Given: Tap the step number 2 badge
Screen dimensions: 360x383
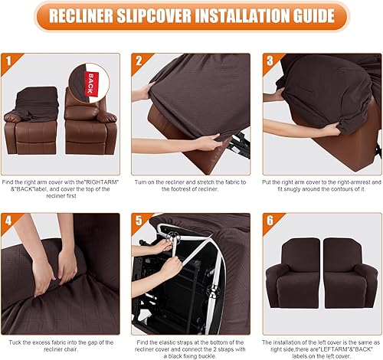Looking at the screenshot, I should point(138,60).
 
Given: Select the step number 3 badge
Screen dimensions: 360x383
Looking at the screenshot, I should point(270,60).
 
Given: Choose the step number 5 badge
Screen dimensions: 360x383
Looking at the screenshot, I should point(138,221).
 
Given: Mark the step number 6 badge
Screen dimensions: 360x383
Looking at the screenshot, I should point(270,221).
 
